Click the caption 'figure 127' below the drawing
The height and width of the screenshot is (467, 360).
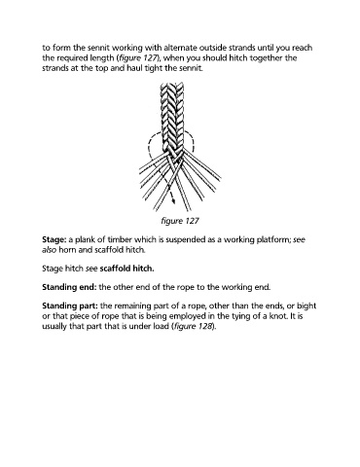[x=180, y=221]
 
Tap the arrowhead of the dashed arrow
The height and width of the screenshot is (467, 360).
[x=173, y=200]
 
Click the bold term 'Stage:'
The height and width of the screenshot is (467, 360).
[x=54, y=240]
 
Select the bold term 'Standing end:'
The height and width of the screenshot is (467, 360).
[x=69, y=287]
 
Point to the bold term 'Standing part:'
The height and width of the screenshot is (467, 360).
[x=70, y=305]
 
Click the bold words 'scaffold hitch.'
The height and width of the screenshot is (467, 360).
[x=126, y=269]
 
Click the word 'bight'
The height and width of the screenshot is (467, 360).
[x=306, y=305]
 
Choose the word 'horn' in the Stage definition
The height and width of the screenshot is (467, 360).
[x=66, y=250]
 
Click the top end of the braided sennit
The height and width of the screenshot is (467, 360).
[x=172, y=84]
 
